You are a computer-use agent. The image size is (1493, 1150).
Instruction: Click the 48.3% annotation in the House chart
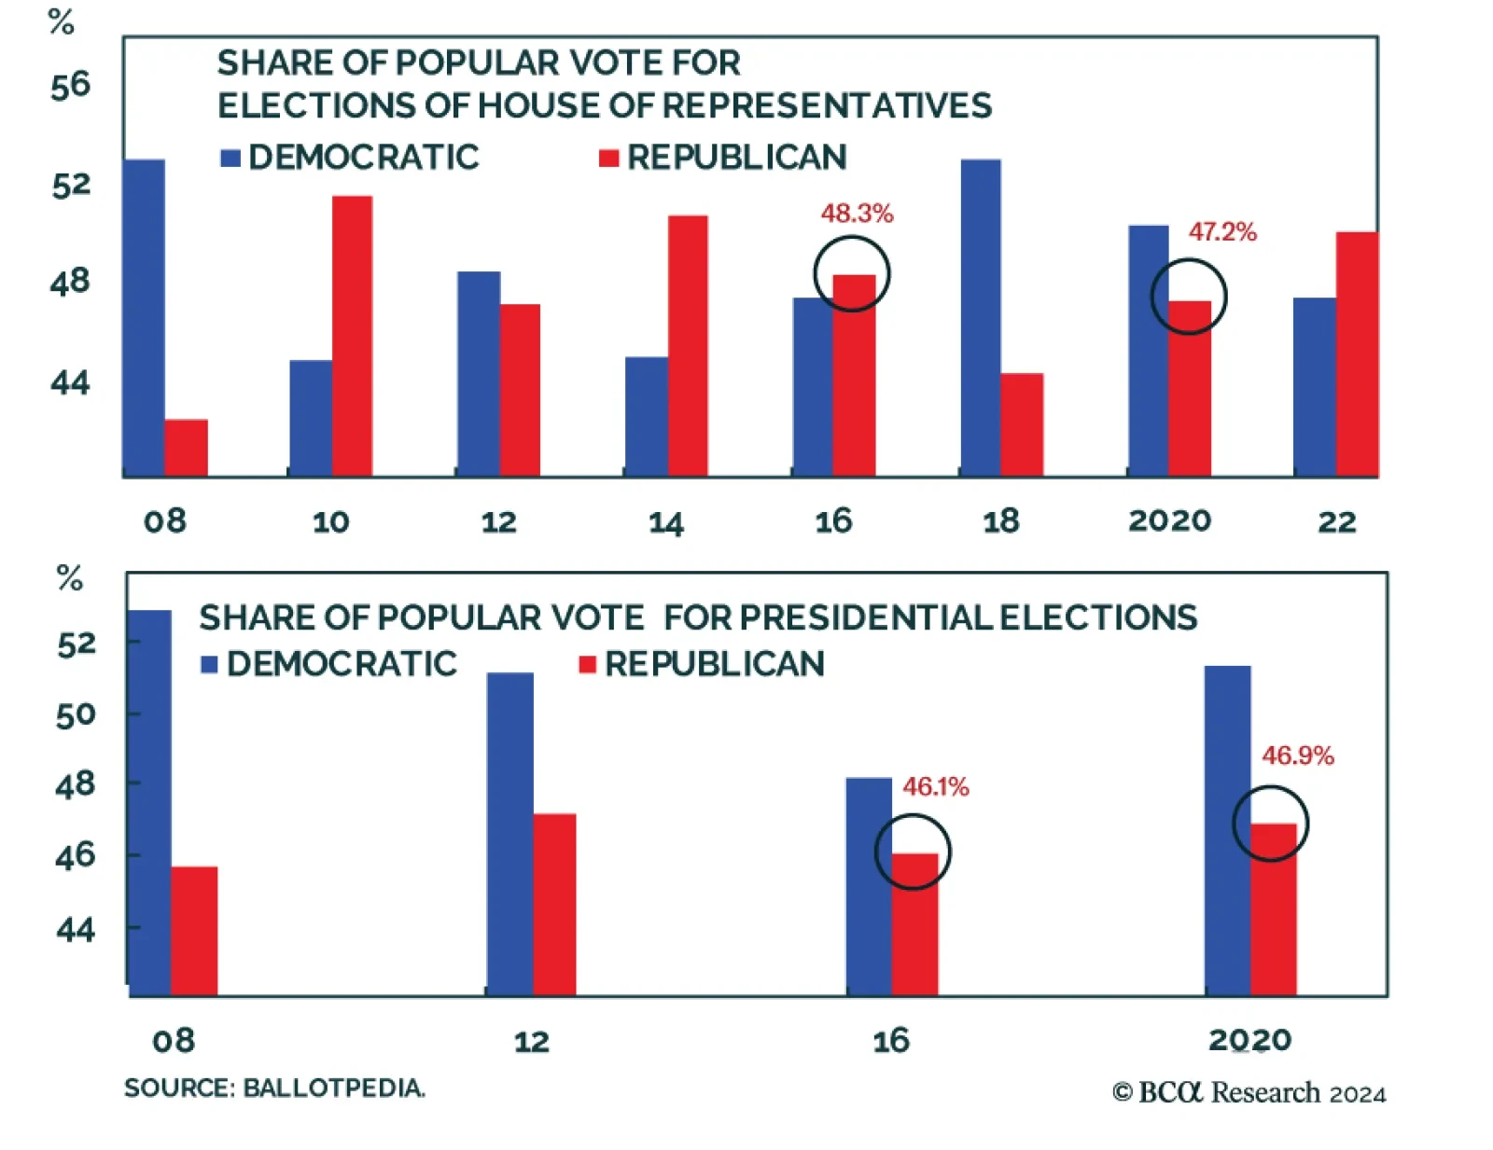click(857, 214)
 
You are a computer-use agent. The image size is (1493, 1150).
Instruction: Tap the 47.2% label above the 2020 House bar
click(1221, 232)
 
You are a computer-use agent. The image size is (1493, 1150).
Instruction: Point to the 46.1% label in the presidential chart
click(935, 787)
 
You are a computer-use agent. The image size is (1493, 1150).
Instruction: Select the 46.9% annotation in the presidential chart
click(1297, 755)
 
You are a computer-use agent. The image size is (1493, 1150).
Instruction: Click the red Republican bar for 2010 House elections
click(352, 336)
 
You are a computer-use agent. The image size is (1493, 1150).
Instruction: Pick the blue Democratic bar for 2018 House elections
click(981, 317)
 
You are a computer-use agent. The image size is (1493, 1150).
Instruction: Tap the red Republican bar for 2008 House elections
click(186, 448)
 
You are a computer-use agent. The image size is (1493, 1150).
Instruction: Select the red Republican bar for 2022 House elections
click(1357, 354)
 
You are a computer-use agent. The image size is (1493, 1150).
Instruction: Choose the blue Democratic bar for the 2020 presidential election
click(1227, 830)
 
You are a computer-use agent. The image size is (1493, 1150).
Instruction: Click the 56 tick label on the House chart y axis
click(71, 86)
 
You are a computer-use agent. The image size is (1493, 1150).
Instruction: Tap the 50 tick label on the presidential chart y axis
click(76, 714)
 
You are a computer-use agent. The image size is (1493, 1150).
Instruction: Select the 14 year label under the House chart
click(666, 522)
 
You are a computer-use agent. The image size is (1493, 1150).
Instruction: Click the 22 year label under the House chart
click(1336, 521)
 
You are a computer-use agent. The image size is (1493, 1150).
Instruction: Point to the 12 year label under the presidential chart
click(532, 1041)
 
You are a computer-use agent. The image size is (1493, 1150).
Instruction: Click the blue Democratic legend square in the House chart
click(230, 159)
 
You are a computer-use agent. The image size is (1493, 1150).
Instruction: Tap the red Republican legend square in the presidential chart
click(587, 664)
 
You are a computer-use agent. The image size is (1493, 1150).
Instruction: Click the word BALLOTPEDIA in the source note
click(334, 1088)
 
